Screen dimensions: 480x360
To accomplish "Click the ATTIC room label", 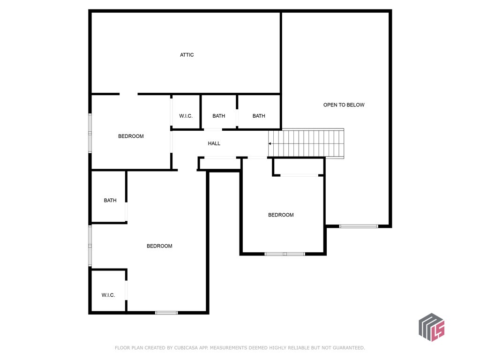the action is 187,55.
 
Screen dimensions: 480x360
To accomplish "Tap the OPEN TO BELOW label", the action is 344,105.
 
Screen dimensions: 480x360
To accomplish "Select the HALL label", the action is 214,143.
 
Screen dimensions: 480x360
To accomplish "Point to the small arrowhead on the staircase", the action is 270,143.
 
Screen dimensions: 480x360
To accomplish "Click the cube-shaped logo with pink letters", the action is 432,327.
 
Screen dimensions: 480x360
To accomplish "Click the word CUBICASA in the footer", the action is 186,348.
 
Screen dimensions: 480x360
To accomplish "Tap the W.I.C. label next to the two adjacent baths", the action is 186,116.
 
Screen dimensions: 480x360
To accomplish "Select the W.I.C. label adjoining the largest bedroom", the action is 108,295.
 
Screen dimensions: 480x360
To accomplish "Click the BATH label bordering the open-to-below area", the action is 259,116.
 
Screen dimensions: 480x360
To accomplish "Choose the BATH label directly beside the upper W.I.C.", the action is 218,116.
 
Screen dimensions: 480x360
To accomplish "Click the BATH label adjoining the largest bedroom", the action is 110,200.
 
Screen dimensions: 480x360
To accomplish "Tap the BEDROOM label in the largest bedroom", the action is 159,246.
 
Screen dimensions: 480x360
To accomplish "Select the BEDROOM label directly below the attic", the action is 131,136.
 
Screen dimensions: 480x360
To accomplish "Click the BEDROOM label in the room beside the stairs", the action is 281,215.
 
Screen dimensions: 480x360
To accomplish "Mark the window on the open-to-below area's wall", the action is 359,226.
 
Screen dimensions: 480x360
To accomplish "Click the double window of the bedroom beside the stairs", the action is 285,254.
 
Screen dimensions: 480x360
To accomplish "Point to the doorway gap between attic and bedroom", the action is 128,94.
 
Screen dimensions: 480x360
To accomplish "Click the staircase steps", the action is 306,143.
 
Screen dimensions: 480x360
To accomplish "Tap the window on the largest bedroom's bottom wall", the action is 166,313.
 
